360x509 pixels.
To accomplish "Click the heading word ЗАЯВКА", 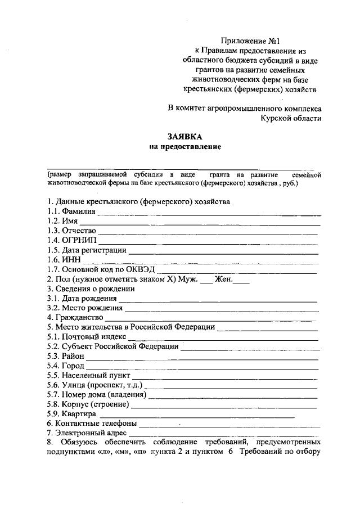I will pos(184,137).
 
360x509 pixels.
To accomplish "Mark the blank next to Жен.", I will pos(241,281).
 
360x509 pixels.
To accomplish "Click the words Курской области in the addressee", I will pos(291,118).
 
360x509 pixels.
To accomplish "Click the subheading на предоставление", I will pos(184,147).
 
